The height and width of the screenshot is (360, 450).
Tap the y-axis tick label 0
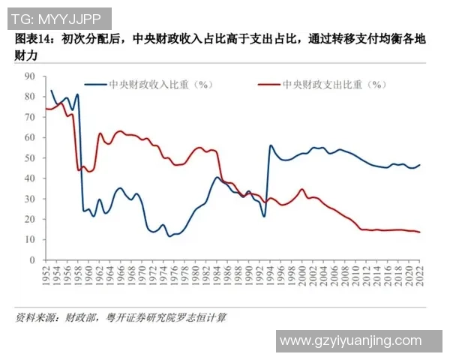[x=32, y=259]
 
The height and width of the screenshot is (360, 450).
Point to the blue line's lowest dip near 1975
[x=169, y=236]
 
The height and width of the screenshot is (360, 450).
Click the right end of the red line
[x=418, y=232]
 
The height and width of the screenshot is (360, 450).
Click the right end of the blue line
[x=419, y=165]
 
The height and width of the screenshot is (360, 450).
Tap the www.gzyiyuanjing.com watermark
[x=350, y=341]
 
